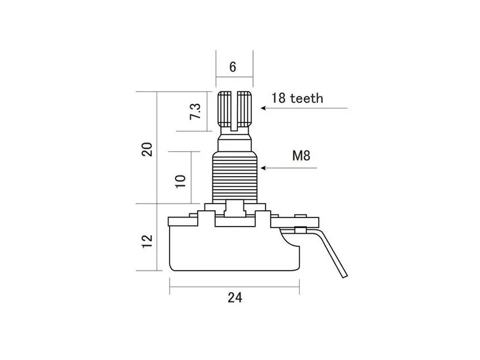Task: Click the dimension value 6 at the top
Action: [x=233, y=67]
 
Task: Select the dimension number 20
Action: [x=147, y=148]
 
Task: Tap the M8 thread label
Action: [x=301, y=156]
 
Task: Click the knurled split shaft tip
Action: [x=235, y=109]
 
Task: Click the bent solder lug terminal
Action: [x=329, y=246]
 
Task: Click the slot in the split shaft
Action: [x=235, y=108]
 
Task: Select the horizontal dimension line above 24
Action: [x=235, y=285]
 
